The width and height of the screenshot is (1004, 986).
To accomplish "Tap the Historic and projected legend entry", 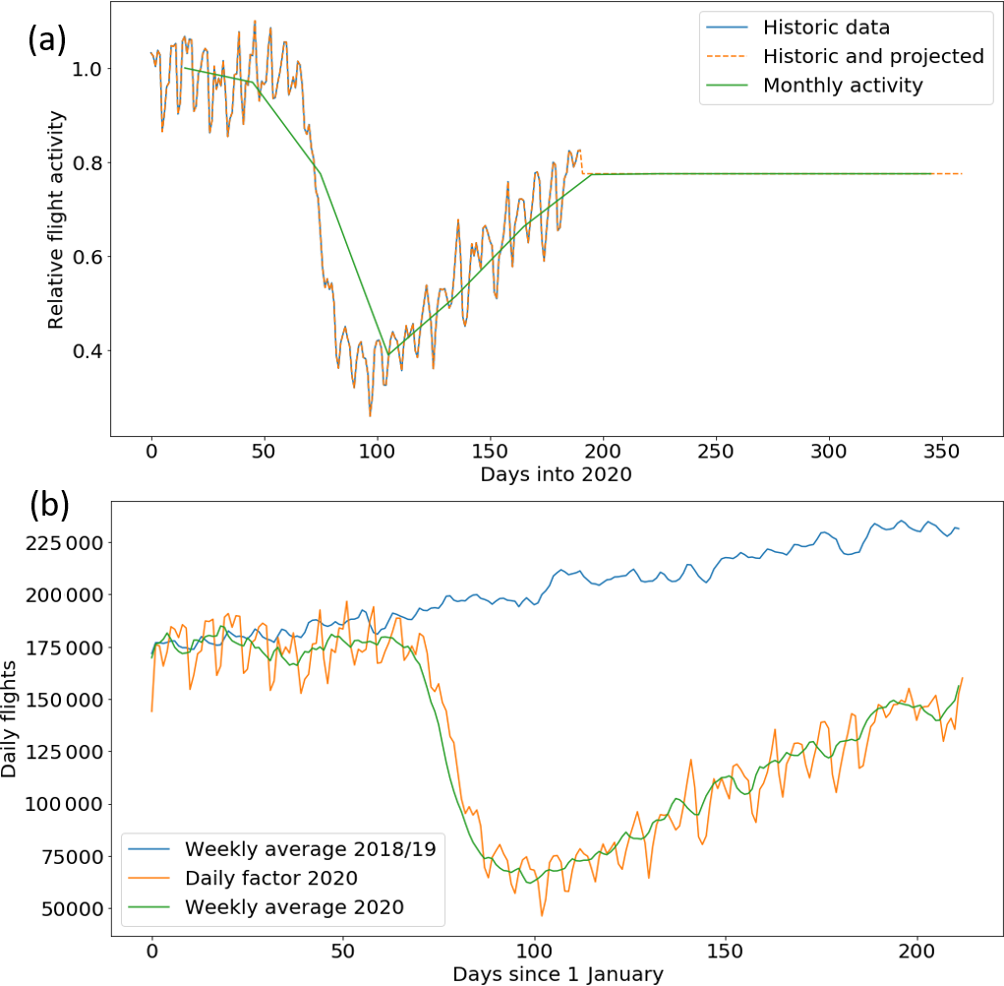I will (x=873, y=56).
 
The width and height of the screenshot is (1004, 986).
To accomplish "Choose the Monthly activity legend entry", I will (x=843, y=85).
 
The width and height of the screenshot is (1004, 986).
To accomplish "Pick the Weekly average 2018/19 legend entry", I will (x=310, y=848).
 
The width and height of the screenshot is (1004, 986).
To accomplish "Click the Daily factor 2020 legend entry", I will (x=285, y=877).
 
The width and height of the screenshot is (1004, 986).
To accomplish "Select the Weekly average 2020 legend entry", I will (x=294, y=906).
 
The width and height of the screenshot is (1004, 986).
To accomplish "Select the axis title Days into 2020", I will (x=555, y=474).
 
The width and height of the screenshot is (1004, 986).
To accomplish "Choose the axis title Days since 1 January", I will (x=558, y=974).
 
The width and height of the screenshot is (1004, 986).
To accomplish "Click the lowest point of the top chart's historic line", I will (x=370, y=416).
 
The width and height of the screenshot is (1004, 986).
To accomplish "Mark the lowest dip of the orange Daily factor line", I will (x=541, y=915).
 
